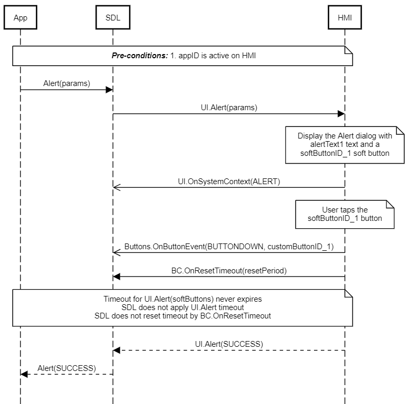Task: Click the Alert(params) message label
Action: (66, 83)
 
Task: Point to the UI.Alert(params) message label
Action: (229, 108)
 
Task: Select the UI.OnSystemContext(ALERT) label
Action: (229, 181)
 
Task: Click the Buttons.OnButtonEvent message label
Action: (228, 246)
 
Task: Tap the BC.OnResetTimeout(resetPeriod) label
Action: (229, 270)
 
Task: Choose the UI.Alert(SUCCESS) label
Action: (229, 344)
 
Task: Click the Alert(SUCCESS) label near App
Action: (67, 368)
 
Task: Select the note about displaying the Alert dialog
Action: (344, 144)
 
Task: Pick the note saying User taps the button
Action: (344, 214)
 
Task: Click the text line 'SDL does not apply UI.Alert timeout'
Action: (182, 307)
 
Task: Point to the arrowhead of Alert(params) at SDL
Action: (109, 90)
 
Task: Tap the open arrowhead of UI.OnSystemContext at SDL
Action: (116, 187)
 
